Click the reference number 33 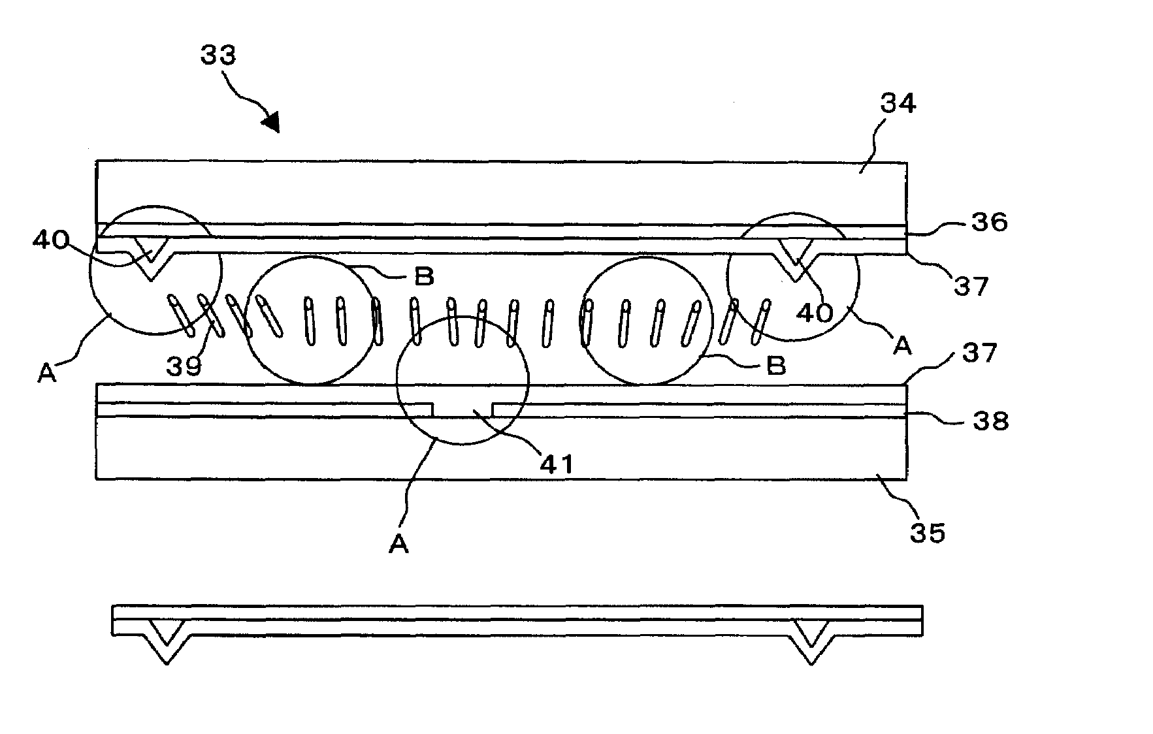click(x=218, y=55)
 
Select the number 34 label click(x=898, y=103)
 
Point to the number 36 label click(x=989, y=222)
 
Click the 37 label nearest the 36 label click(x=971, y=285)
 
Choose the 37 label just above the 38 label click(x=979, y=353)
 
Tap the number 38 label click(x=990, y=421)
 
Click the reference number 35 click(x=928, y=533)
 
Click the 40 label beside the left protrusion click(x=50, y=241)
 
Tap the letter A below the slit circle click(x=398, y=544)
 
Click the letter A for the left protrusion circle click(x=46, y=373)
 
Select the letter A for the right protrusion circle click(x=902, y=345)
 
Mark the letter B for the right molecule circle click(x=775, y=366)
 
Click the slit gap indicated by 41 click(x=463, y=410)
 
